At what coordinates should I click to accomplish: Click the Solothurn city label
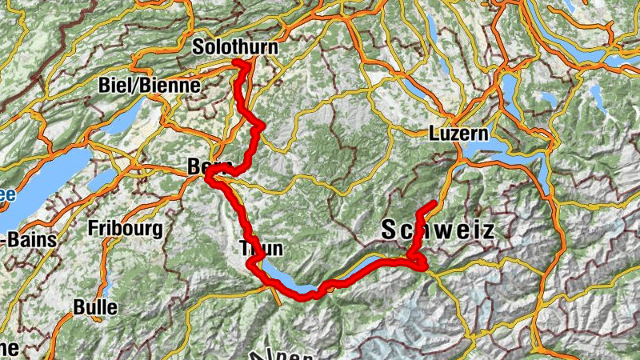[x=234, y=48]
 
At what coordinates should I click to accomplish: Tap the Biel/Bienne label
[x=142, y=86]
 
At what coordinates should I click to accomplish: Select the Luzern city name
[x=458, y=134]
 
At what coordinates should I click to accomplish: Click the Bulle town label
[x=94, y=306]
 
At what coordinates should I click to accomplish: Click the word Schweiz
[x=438, y=231]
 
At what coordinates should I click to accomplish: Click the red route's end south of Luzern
[x=433, y=204]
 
